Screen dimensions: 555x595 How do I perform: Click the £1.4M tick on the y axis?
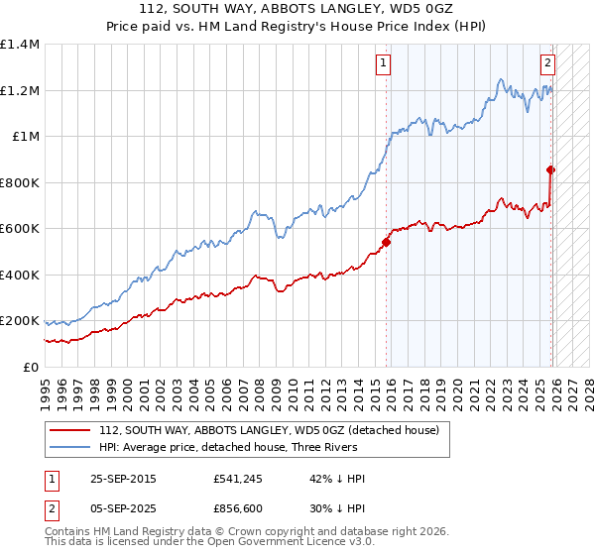(x=20, y=45)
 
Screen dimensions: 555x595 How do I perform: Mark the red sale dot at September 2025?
(x=550, y=170)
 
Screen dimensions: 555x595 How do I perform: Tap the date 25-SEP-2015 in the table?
(x=122, y=479)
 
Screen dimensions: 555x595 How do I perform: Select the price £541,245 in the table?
(x=239, y=479)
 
